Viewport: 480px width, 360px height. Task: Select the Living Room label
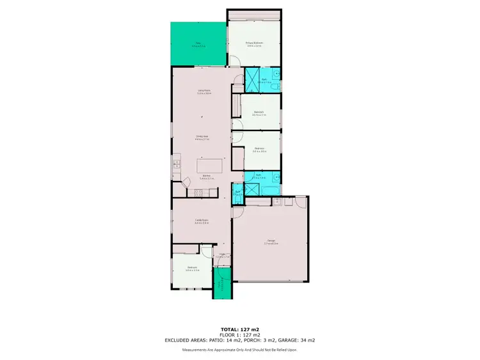click(204, 93)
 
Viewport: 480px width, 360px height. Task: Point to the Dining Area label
click(203, 138)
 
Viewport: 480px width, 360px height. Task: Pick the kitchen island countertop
click(211, 165)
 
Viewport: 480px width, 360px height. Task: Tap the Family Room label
click(202, 222)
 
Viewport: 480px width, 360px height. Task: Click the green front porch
click(223, 282)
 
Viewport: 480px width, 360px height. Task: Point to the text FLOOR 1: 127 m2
click(239, 335)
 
